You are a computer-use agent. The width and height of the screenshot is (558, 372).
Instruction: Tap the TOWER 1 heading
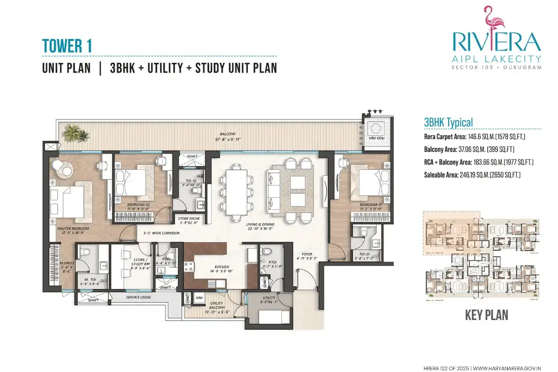tap(67, 46)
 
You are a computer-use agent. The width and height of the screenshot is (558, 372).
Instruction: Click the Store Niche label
tap(186, 218)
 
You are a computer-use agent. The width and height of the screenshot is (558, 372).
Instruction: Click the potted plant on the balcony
tap(77, 133)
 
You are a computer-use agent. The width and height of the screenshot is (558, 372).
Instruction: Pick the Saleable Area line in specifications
tap(472, 175)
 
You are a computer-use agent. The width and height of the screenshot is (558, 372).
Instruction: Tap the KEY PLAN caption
tap(486, 315)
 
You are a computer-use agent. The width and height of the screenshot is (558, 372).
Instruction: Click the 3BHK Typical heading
tap(448, 122)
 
